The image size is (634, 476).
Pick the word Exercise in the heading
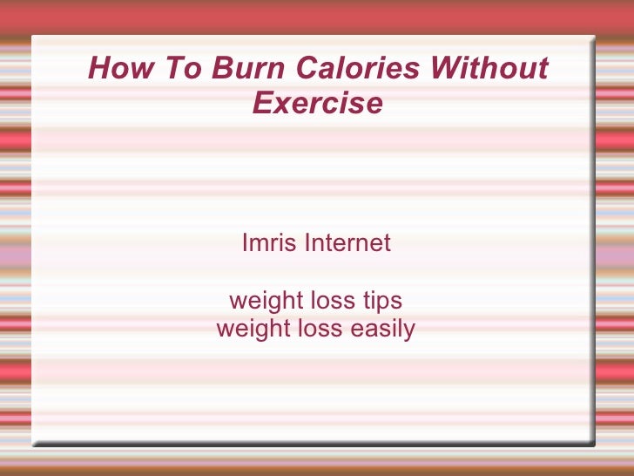[317, 104]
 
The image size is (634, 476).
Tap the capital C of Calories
[307, 67]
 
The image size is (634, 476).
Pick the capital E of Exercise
[261, 104]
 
